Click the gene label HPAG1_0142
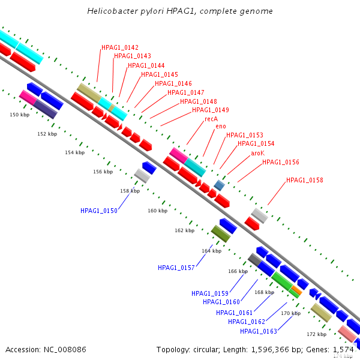[x=120, y=47]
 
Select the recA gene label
[x=211, y=119]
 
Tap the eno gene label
[x=221, y=127]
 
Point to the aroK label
[x=258, y=154]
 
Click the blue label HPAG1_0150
[x=99, y=211]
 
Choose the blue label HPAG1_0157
[x=176, y=268]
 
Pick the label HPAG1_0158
[x=305, y=180]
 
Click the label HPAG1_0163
[x=259, y=331]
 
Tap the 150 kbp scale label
[x=19, y=115]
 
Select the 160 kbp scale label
[x=157, y=211]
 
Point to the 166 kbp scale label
[x=238, y=271]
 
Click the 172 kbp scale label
[x=316, y=334]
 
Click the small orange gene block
[x=295, y=291]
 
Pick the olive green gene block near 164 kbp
[x=221, y=233]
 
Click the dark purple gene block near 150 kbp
[x=45, y=109]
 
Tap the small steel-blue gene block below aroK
[x=220, y=185]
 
